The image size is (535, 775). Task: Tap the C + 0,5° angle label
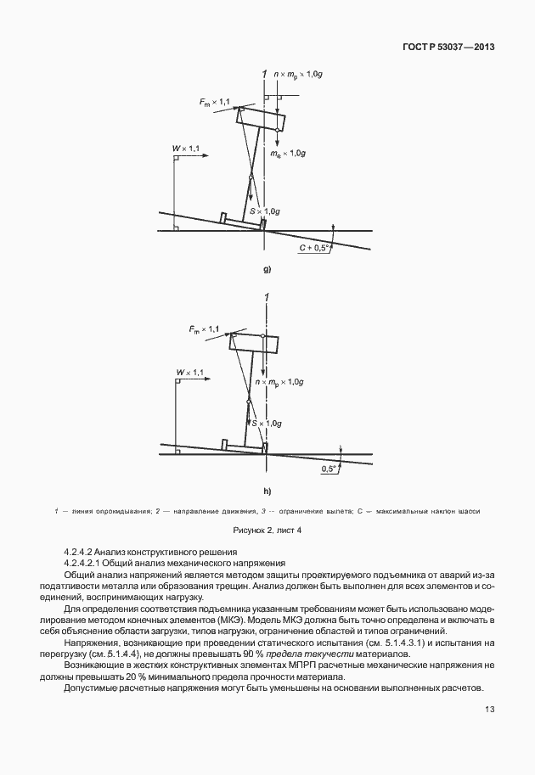(313, 248)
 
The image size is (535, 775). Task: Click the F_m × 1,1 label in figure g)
(216, 103)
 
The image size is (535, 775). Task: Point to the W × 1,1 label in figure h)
(189, 372)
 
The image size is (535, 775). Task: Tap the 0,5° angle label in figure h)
(329, 468)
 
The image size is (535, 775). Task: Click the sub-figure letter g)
(267, 270)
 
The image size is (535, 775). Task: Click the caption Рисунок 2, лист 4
(267, 530)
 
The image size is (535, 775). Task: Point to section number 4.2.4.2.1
(90, 563)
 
